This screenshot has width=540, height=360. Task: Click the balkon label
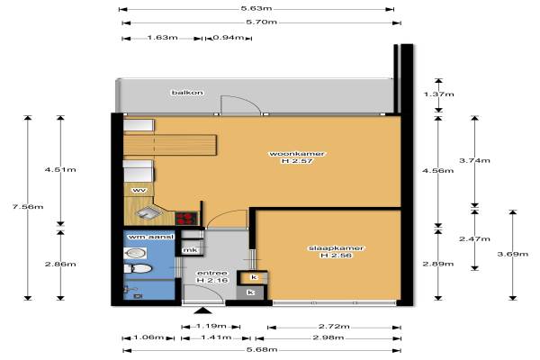pos(187,93)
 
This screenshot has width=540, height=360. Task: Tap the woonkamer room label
pos(296,154)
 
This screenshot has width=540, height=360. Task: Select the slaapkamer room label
pos(336,248)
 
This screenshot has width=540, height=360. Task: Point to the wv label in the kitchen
pos(139,190)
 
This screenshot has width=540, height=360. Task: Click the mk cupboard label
pos(190,250)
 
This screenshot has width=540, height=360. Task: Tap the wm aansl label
pos(151,237)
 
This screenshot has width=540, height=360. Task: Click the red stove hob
pos(187,219)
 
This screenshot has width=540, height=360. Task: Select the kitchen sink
pos(148,213)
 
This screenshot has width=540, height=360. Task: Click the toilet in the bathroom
pos(138,269)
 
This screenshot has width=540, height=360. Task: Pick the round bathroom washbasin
pos(135,254)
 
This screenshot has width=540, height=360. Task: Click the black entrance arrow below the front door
pos(203,310)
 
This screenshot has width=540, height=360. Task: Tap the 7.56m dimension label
pos(28,207)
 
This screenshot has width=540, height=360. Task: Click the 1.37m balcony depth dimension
pos(438,94)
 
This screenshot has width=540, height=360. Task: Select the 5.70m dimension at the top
pos(261,22)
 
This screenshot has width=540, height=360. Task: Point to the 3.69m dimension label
pos(513,254)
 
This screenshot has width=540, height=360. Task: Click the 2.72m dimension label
pos(334,326)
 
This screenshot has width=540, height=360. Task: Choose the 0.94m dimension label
pos(229,37)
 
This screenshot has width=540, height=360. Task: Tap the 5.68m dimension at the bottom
pos(262,350)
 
